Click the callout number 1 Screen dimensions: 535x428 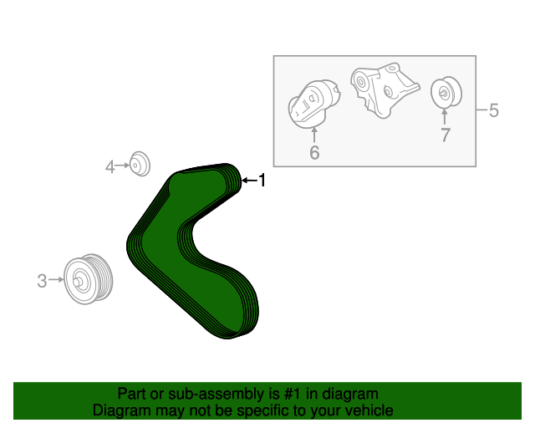point(262,181)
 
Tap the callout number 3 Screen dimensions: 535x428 point(42,281)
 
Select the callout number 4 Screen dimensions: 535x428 point(110,167)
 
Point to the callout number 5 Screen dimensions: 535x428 point(494,110)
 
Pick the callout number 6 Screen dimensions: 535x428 point(314,152)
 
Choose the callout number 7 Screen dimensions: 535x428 point(446,135)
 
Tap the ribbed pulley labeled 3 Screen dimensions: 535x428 point(88,279)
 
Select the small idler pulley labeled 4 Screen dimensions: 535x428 point(140,164)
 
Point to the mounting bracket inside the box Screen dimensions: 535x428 point(384,90)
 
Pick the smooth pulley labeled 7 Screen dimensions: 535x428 point(446,92)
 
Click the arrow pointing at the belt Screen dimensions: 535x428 point(250,181)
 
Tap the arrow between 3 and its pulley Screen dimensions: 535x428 point(56,280)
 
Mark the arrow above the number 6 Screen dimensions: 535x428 point(314,135)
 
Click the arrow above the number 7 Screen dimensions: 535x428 point(445,117)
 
